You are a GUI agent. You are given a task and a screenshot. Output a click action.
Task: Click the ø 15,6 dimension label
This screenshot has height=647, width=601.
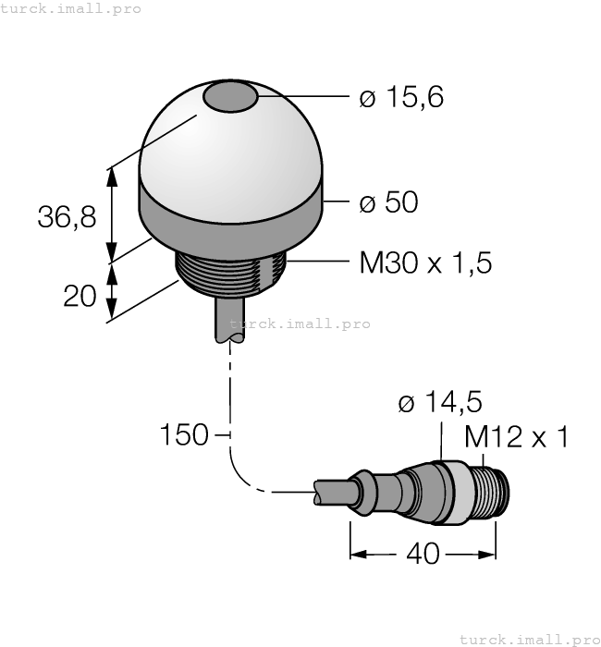(401, 97)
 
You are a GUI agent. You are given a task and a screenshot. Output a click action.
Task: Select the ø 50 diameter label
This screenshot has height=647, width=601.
(388, 202)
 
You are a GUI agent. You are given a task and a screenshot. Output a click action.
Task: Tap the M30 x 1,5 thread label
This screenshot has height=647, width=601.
(425, 263)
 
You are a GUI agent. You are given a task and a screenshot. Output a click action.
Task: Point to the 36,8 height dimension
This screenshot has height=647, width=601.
(67, 217)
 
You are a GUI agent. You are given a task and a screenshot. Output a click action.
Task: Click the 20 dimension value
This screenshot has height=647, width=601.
(81, 296)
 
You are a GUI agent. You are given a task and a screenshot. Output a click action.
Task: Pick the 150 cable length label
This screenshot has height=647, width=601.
(184, 434)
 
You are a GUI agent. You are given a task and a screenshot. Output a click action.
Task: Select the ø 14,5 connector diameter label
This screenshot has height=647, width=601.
(439, 403)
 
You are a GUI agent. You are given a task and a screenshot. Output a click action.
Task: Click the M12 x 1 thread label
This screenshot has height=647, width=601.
(516, 436)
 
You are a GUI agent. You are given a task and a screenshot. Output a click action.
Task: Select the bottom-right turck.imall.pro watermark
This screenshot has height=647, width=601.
(529, 638)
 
